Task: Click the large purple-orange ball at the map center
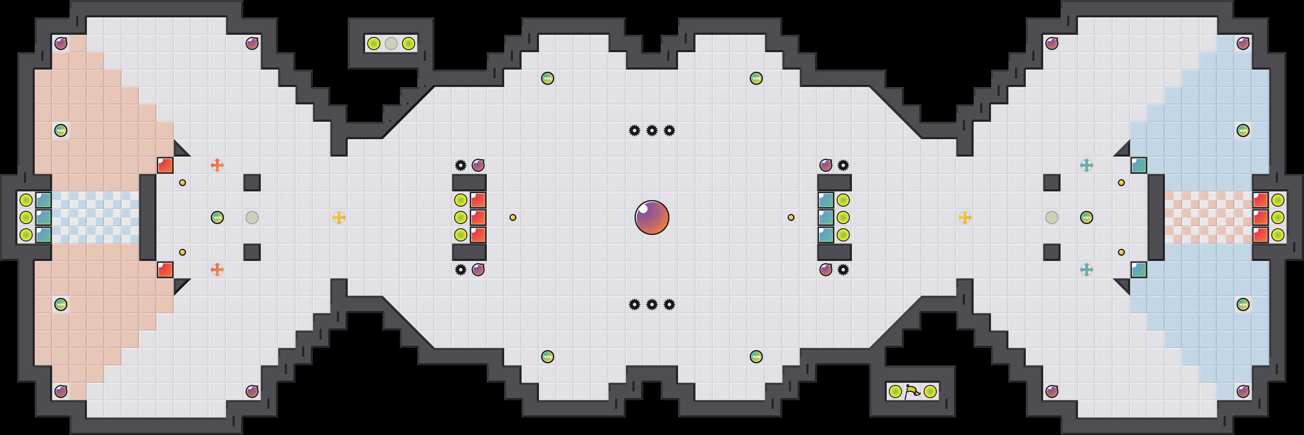click(x=652, y=217)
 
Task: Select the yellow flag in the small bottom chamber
click(x=912, y=391)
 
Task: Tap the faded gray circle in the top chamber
click(x=391, y=43)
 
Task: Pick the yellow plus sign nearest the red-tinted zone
click(x=339, y=217)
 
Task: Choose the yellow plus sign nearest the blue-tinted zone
click(x=965, y=217)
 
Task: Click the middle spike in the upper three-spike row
click(x=652, y=130)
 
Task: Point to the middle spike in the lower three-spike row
click(x=652, y=304)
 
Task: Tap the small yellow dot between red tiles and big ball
click(x=513, y=217)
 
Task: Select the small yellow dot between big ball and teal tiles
click(x=791, y=217)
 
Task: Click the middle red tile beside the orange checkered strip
click(x=1261, y=217)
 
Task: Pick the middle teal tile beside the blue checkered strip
click(x=43, y=217)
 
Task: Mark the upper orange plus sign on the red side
click(x=217, y=165)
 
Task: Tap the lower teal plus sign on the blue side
click(x=1086, y=269)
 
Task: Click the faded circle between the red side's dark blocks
click(x=252, y=217)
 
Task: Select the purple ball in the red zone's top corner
click(x=61, y=43)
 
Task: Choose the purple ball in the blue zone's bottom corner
click(x=1243, y=391)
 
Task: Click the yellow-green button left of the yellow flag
click(x=895, y=391)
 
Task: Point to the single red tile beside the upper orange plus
click(x=165, y=165)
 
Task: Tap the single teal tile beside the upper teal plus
click(x=1139, y=165)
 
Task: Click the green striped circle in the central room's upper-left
click(x=547, y=78)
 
